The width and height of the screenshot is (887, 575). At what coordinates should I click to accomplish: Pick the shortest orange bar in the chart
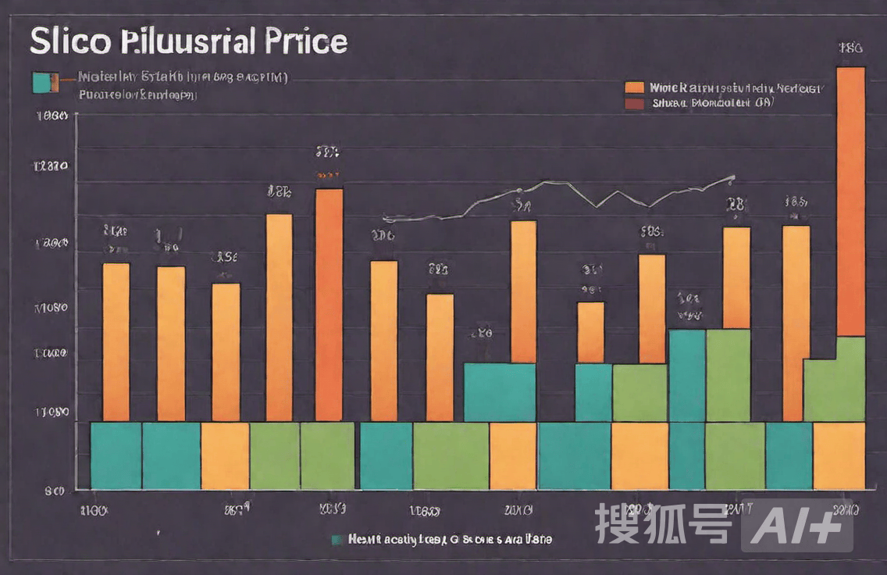click(x=590, y=332)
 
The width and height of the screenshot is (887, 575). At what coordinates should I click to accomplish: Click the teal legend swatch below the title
click(x=46, y=81)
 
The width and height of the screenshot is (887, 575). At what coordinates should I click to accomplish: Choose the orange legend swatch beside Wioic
click(x=635, y=87)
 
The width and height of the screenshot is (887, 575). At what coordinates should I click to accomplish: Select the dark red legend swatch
click(x=635, y=102)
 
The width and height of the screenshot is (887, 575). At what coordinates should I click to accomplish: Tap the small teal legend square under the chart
click(x=337, y=539)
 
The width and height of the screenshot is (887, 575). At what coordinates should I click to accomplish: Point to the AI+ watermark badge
click(x=796, y=525)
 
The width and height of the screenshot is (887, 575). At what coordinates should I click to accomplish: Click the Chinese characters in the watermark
click(x=664, y=523)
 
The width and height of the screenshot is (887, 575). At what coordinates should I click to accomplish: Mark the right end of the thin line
click(x=732, y=177)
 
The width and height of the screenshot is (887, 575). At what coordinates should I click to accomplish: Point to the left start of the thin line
click(x=385, y=220)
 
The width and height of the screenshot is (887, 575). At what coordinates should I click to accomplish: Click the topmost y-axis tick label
click(x=53, y=116)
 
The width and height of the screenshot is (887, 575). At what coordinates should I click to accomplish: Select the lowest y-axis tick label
click(x=53, y=491)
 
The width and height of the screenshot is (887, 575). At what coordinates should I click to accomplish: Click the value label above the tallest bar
click(x=850, y=48)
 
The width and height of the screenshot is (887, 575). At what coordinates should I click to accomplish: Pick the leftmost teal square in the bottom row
click(x=116, y=455)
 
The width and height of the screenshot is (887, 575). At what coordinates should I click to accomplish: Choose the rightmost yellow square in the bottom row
click(x=839, y=455)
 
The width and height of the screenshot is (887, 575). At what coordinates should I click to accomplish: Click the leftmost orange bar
click(x=116, y=342)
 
